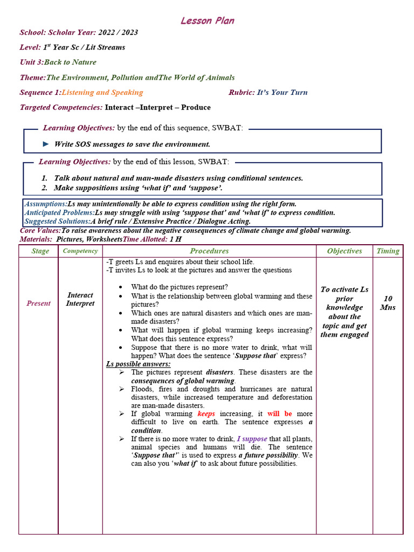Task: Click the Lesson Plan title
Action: click(207, 20)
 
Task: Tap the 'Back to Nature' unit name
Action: click(70, 62)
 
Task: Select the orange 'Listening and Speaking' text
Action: click(102, 92)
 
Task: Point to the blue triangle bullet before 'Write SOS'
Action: click(46, 144)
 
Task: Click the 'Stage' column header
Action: click(40, 251)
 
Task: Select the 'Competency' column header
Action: click(80, 251)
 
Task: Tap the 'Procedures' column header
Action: click(209, 251)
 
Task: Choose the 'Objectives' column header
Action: click(344, 251)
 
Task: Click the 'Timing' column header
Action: click(388, 251)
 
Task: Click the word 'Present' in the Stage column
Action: click(38, 303)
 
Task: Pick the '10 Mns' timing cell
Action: click(388, 302)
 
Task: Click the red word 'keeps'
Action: click(206, 413)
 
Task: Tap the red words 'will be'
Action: click(280, 413)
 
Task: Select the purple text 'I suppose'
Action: click(252, 439)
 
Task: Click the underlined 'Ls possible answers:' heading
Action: click(138, 364)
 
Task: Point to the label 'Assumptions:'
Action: click(46, 204)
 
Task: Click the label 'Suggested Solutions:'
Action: click(58, 221)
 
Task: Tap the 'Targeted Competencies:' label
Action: click(61, 107)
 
